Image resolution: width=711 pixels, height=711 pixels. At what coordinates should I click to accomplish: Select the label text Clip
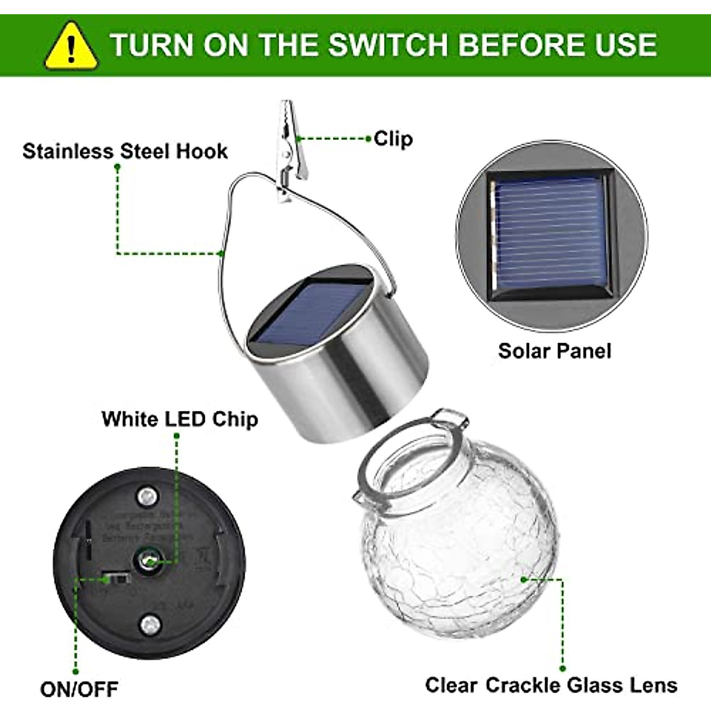coord(393,139)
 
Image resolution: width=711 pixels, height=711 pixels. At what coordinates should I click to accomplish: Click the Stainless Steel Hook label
coord(125,151)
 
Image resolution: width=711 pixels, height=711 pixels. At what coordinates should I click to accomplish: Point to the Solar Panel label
coord(554,351)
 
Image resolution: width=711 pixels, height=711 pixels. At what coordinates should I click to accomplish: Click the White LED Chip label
coord(180,419)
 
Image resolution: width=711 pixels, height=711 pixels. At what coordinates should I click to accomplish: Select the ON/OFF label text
coord(79,689)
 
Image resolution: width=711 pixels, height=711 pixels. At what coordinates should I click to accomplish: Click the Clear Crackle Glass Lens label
coord(551,685)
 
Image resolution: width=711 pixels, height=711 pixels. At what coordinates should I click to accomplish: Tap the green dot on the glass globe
coord(524,579)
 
